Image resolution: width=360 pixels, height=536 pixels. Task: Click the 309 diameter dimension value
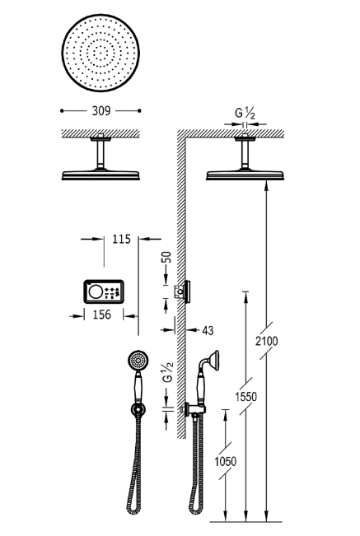pyautogui.click(x=101, y=109)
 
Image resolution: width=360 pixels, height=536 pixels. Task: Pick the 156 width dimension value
pyautogui.click(x=101, y=314)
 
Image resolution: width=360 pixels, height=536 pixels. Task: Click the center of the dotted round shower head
pyautogui.click(x=101, y=54)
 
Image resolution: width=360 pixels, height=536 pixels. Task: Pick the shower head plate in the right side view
pyautogui.click(x=245, y=174)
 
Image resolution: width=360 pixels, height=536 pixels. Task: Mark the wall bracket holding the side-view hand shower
pyautogui.click(x=191, y=408)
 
